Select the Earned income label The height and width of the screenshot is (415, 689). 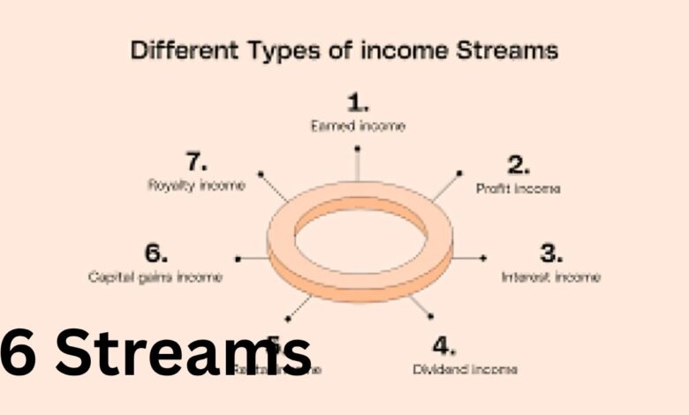pos(357,125)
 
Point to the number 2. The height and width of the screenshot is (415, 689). pos(519,164)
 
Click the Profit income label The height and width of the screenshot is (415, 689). pos(518,188)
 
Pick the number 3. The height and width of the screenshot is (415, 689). pos(551,253)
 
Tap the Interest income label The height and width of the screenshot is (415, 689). pos(550,277)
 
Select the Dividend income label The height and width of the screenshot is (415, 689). pos(465,368)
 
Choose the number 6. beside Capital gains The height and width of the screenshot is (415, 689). pos(155,253)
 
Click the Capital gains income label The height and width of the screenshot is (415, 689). pos(155,277)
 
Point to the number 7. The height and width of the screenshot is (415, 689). pos(196,162)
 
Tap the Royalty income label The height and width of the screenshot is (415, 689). pos(196,185)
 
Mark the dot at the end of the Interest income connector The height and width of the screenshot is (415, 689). pos(484,258)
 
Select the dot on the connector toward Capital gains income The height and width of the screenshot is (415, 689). pos(238,259)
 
